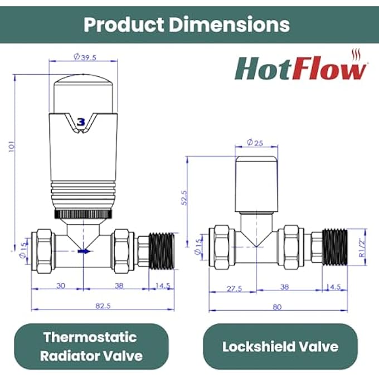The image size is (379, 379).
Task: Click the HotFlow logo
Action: click(301, 65)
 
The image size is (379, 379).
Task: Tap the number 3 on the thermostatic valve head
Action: click(81, 122)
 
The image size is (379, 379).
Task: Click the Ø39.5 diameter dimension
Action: click(85, 57)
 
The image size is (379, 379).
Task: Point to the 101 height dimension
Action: click(12, 147)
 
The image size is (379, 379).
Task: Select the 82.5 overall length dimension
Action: click(103, 306)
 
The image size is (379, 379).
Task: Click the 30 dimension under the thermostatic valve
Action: click(61, 286)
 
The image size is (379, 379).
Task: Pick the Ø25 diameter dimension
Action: click(255, 143)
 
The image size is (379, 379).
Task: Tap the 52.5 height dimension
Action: click(184, 198)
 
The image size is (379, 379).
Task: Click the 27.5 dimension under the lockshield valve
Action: click(234, 289)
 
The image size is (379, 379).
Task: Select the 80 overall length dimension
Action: click(277, 307)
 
